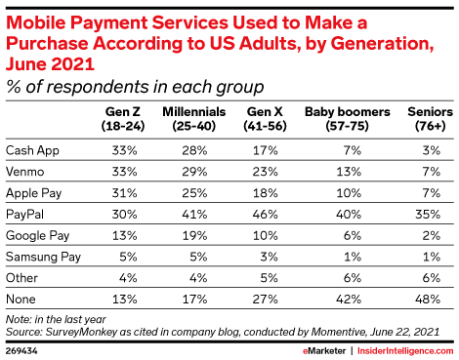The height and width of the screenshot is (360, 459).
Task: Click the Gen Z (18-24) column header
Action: [123, 119]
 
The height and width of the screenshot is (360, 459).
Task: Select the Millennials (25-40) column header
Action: [194, 119]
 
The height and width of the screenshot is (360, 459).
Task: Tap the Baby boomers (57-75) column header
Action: [348, 119]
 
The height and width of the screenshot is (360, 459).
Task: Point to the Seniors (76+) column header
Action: [430, 119]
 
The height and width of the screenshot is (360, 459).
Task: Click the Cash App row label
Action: [32, 151]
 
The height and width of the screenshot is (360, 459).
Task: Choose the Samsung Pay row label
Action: [43, 258]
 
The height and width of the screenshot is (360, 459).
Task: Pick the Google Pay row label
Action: [38, 236]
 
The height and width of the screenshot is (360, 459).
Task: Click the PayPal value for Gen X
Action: [266, 215]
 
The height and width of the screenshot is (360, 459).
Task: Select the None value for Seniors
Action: [428, 300]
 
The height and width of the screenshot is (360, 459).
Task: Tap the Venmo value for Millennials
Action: [194, 172]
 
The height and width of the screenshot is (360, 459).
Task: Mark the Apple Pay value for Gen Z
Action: [125, 193]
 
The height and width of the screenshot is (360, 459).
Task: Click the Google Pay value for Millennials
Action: [194, 236]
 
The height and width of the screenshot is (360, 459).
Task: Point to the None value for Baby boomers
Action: [349, 300]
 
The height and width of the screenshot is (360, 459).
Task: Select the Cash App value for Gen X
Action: [266, 150]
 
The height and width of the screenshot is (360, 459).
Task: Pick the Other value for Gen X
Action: [270, 278]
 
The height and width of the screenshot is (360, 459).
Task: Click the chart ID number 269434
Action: [21, 351]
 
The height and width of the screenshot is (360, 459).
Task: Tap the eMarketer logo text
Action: [324, 351]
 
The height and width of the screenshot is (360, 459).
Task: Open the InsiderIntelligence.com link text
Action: [405, 351]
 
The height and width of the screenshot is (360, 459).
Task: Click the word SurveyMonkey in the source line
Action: [81, 332]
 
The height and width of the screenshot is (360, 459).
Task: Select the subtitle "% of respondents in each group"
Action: [135, 87]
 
